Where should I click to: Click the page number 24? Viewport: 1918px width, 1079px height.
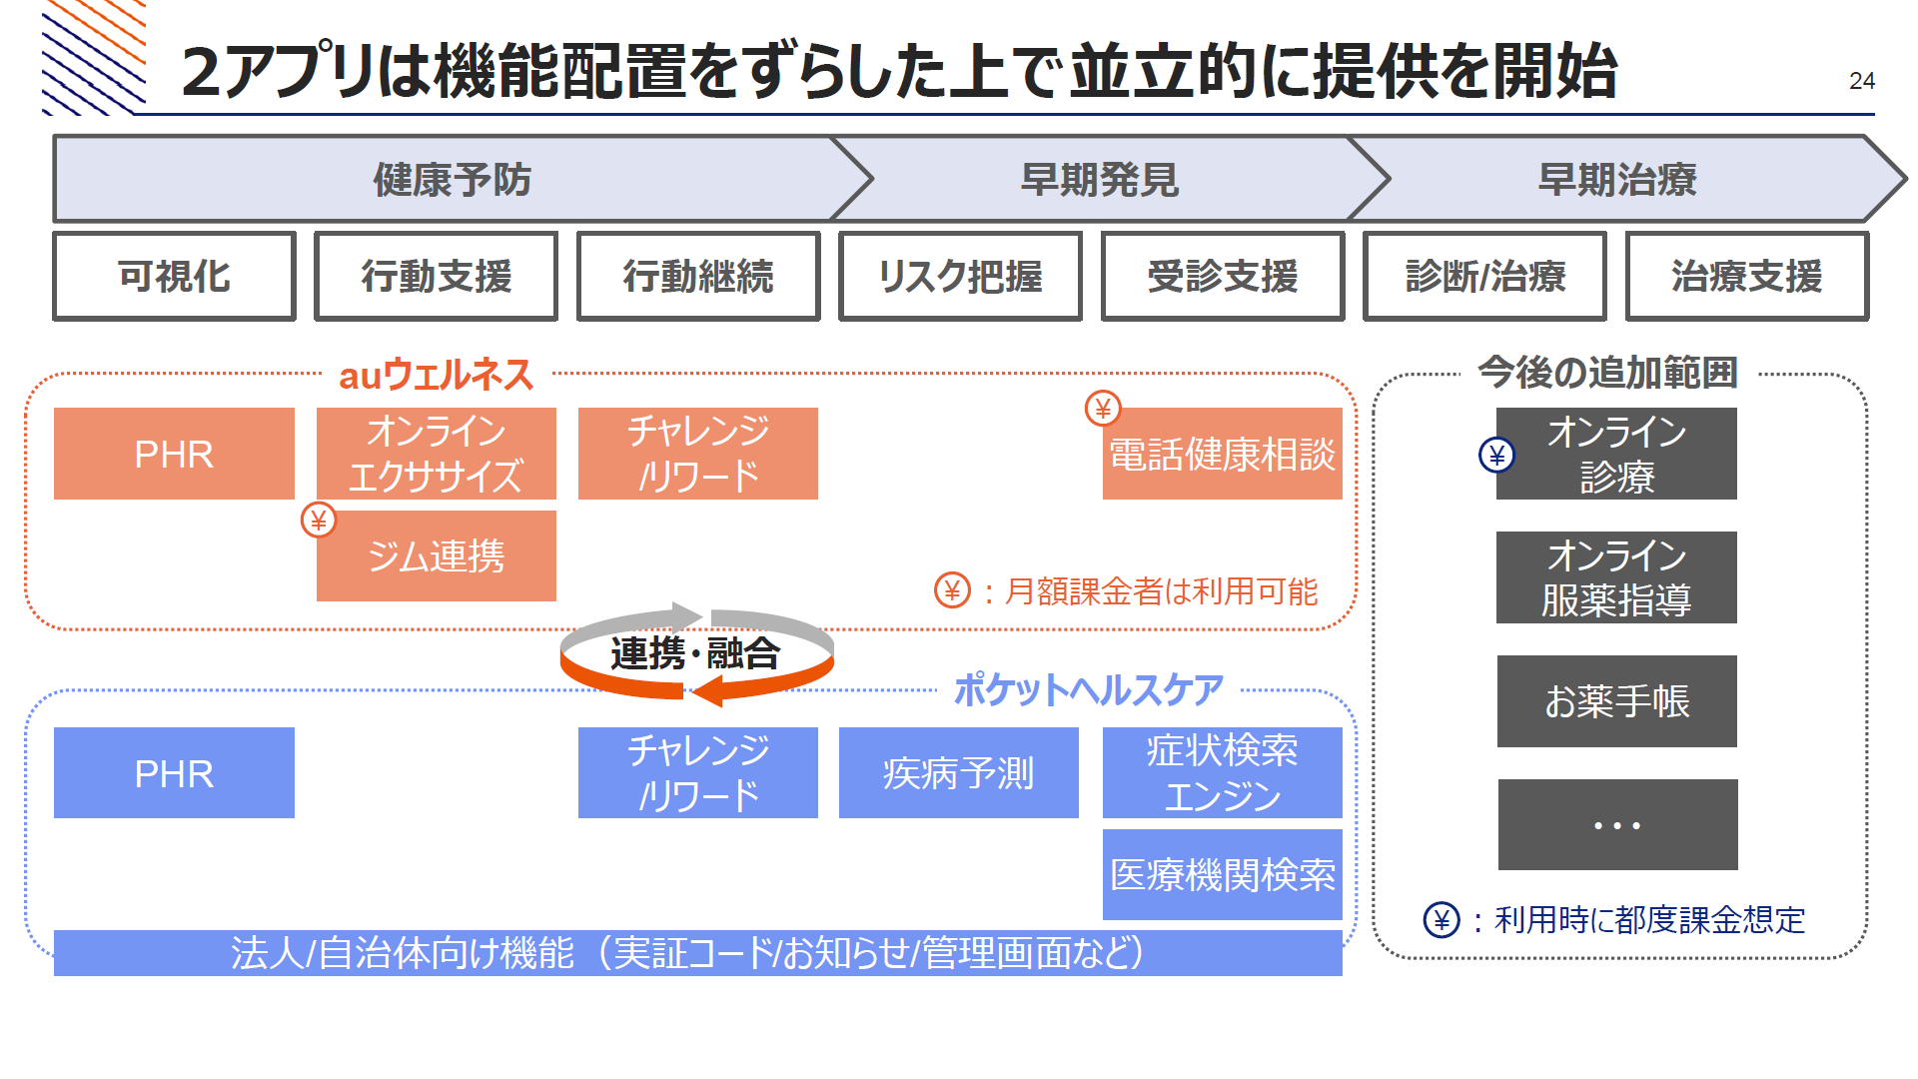1861,81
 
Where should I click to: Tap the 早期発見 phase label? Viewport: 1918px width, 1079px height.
1099,180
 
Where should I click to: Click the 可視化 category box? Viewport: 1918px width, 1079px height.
174,276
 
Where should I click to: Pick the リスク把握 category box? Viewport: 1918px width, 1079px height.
960,276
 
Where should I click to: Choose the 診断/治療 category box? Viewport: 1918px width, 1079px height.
1484,276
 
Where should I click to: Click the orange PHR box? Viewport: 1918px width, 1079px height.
174,454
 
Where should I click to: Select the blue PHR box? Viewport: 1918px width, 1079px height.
174,773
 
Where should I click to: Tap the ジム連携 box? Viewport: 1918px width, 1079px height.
437,556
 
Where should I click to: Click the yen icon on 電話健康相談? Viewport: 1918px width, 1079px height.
1103,408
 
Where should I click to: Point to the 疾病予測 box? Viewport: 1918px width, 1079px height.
959,773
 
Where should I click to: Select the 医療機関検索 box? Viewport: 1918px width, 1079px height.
1223,875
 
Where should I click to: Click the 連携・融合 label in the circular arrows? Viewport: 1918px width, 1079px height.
695,653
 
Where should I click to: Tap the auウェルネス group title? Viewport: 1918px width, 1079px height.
437,376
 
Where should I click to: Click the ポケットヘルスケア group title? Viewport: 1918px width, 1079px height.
1088,689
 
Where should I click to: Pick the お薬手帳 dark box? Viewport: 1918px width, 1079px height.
1617,701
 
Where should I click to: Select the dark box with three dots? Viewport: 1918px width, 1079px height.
1618,825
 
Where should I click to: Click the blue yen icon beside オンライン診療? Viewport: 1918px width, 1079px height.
1496,456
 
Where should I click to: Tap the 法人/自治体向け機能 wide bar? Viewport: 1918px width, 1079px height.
698,953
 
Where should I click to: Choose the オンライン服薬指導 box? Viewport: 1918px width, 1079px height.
1616,577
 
